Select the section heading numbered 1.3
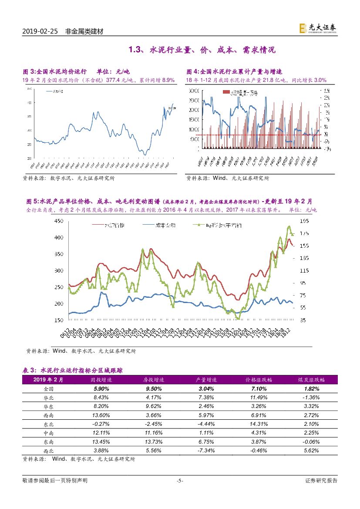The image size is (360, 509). [202, 50]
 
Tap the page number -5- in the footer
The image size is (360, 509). [180, 481]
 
